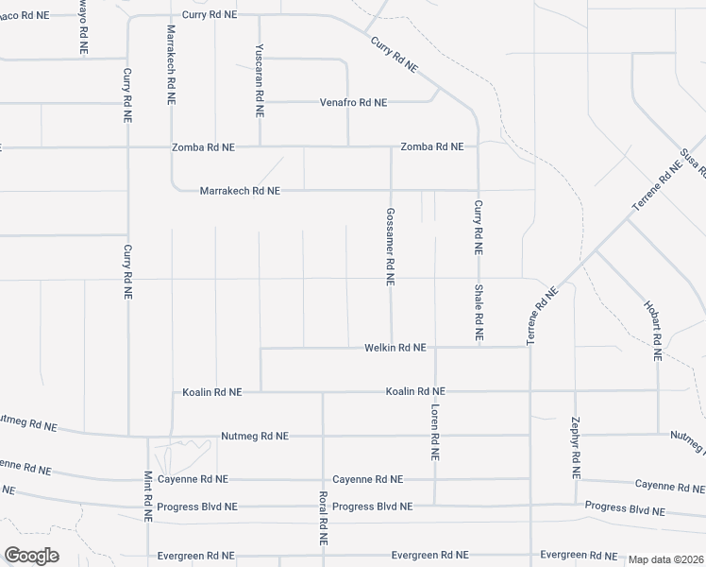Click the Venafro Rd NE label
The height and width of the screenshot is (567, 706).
(353, 102)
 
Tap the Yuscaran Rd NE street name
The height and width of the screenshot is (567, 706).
(259, 80)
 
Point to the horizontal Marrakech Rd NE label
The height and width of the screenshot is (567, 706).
(240, 191)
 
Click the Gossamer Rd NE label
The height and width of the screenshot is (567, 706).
(390, 247)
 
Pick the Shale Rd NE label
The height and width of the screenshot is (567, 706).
(479, 312)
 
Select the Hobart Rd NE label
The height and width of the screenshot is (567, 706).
(651, 331)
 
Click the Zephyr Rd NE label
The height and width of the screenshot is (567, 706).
(576, 446)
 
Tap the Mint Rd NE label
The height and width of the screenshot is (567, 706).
(148, 496)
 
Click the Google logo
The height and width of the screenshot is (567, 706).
(31, 556)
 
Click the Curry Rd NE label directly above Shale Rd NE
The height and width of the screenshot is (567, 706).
(479, 229)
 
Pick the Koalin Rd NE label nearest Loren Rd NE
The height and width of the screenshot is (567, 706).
(415, 391)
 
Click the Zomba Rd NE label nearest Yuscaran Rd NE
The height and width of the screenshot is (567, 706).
(203, 147)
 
